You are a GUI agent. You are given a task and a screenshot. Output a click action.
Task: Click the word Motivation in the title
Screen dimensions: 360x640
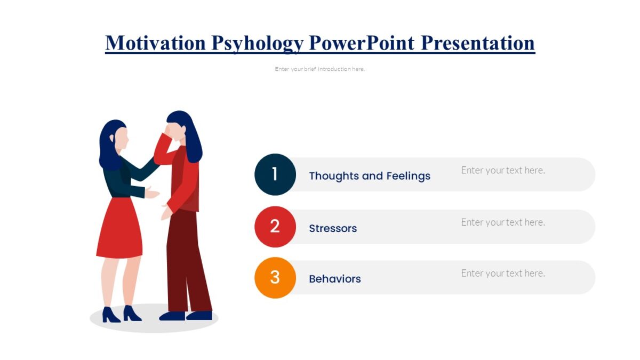[x=155, y=43]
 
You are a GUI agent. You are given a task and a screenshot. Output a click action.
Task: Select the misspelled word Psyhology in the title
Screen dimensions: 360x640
[x=257, y=43]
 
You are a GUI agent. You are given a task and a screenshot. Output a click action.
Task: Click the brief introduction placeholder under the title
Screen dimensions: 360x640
[x=320, y=69]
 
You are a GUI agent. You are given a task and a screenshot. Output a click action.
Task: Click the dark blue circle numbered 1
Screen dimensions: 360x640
[x=275, y=174]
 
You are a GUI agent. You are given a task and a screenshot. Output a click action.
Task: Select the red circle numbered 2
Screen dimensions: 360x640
[x=275, y=227]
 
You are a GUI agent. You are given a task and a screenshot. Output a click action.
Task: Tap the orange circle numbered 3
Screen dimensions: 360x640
[x=275, y=277]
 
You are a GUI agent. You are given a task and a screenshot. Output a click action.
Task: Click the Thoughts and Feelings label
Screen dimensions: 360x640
[x=370, y=176]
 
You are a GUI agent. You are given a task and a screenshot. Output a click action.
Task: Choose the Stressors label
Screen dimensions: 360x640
[x=333, y=228]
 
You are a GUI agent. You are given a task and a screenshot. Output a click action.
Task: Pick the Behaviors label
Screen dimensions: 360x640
[x=335, y=279]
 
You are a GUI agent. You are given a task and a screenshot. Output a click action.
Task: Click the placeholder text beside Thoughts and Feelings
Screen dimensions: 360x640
[x=503, y=170]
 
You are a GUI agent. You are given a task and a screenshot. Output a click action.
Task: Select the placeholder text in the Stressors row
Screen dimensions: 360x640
[x=503, y=222]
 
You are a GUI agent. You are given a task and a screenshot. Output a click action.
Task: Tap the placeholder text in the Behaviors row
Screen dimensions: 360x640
[x=503, y=273]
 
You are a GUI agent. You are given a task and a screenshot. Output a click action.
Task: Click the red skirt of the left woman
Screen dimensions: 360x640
[x=120, y=229]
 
